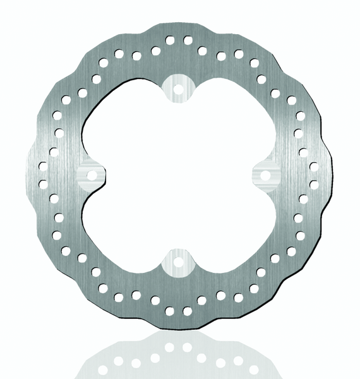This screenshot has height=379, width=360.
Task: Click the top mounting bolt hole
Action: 178,88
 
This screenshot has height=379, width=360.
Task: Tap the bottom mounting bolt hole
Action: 178,260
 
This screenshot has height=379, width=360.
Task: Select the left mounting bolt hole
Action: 92,174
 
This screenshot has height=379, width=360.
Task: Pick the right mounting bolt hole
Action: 265,174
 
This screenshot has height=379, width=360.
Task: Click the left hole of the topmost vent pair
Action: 169,40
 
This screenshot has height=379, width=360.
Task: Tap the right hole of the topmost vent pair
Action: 188,40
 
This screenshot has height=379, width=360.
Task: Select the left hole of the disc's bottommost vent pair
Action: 169,310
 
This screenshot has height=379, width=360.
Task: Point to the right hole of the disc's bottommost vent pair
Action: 188,310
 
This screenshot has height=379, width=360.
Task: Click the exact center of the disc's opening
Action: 178,174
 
